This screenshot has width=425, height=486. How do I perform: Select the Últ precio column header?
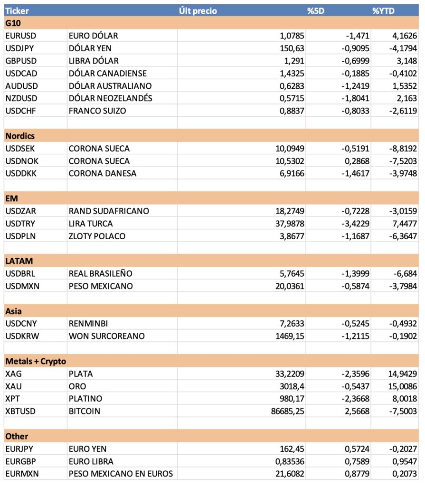click(198, 10)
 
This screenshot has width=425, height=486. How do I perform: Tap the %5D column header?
click(315, 10)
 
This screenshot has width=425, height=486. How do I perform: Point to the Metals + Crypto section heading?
click(36, 361)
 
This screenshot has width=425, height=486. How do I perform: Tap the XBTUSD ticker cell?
click(21, 411)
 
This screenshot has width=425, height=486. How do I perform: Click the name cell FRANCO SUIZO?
click(97, 111)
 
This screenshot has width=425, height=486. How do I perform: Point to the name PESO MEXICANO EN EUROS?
click(121, 474)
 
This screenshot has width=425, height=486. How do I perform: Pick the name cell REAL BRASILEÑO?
click(100, 273)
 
